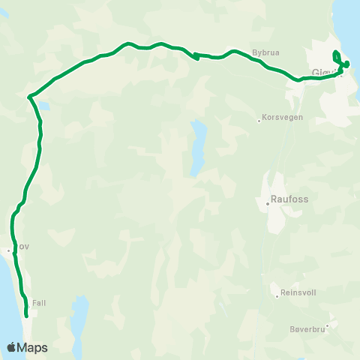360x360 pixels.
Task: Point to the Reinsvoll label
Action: pyautogui.click(x=298, y=295)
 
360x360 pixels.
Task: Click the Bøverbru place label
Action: pyautogui.click(x=307, y=328)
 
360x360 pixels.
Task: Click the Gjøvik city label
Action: pyautogui.click(x=324, y=73)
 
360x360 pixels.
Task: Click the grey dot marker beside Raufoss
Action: pyautogui.click(x=268, y=202)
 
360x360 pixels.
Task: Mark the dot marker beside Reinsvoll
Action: pyautogui.click(x=277, y=296)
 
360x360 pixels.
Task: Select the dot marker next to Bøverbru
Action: pyautogui.click(x=327, y=325)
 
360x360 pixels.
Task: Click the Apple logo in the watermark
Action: pyautogui.click(x=12, y=347)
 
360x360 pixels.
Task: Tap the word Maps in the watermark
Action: pyautogui.click(x=33, y=347)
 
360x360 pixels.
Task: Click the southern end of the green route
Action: pyautogui.click(x=27, y=316)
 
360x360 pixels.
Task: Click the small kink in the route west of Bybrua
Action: pyautogui.click(x=196, y=55)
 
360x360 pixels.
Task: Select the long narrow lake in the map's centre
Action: pyautogui.click(x=198, y=146)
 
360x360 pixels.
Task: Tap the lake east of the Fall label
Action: pyautogui.click(x=80, y=315)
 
